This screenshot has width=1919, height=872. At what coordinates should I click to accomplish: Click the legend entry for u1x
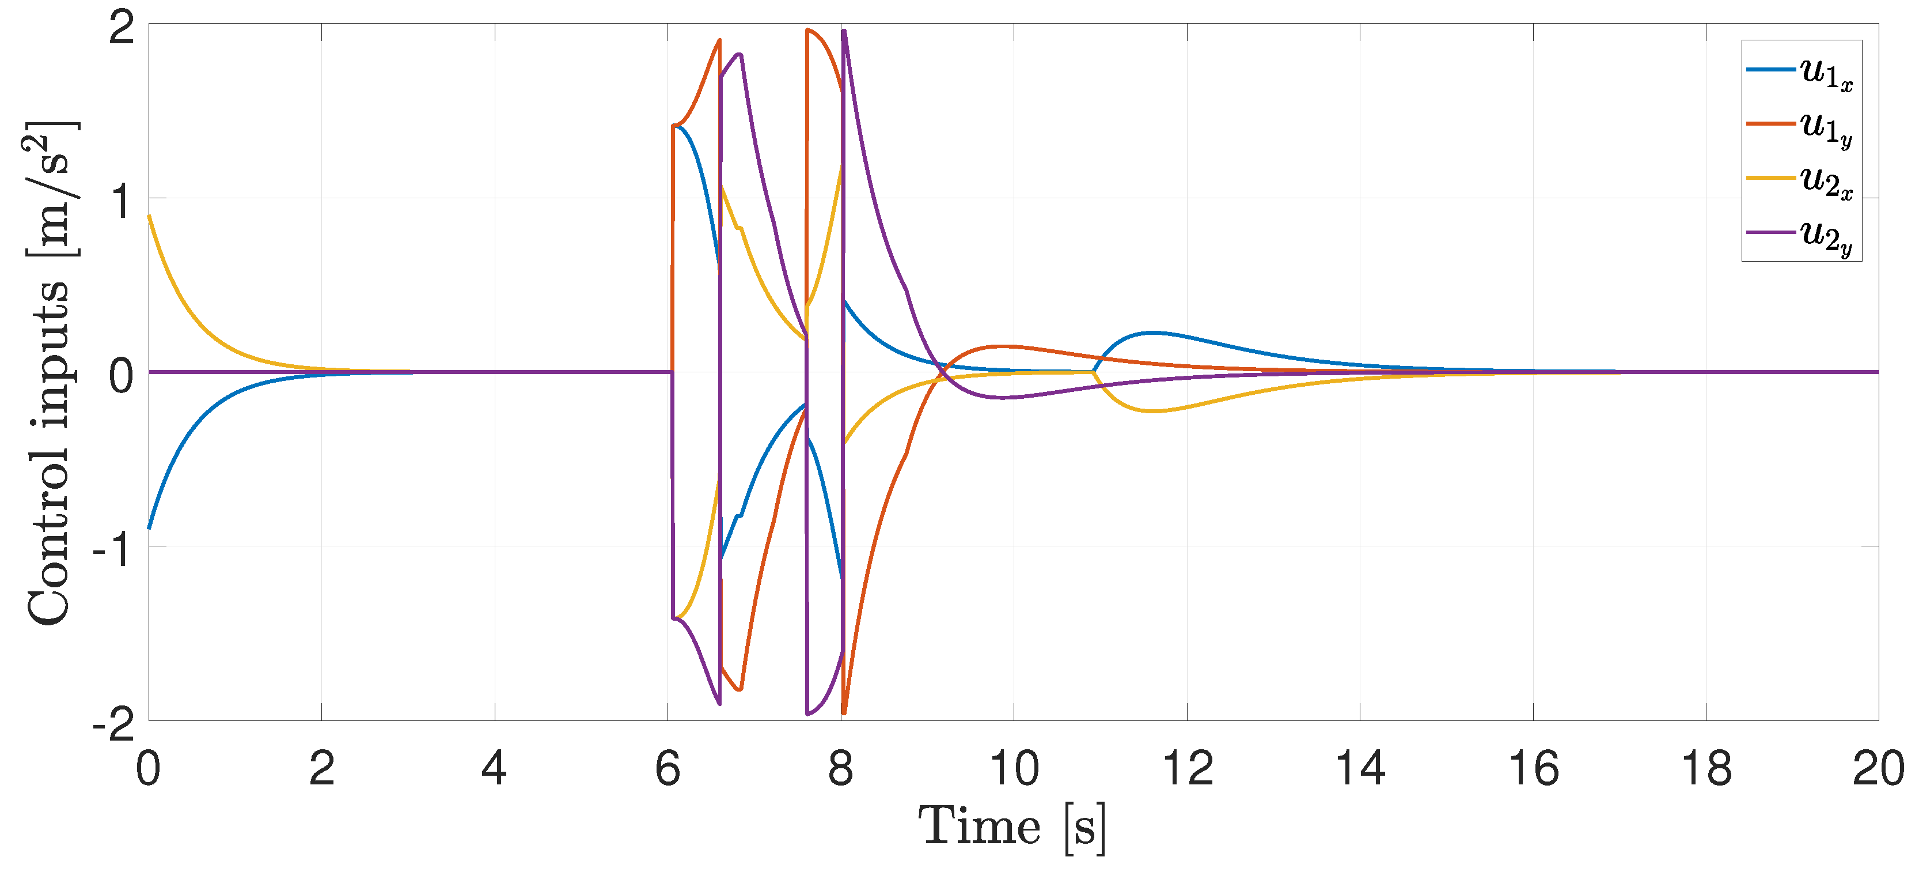1800,71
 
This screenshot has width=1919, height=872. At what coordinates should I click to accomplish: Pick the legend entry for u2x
1800,180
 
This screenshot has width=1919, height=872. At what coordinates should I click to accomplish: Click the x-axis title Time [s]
1012,827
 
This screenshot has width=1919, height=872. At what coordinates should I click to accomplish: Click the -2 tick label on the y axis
114,723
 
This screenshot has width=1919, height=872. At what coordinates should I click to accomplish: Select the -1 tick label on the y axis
114,549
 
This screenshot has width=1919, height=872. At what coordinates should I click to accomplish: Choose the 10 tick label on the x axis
1014,768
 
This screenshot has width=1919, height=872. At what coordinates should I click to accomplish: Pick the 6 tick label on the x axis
668,768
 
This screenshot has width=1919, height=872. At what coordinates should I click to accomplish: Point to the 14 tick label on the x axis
1360,768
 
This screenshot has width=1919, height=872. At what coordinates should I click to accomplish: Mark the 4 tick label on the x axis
495,768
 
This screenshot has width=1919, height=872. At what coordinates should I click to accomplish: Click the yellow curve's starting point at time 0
149,216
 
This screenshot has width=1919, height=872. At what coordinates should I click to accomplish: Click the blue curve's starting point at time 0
149,529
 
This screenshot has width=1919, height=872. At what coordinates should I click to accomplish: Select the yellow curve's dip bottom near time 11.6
1152,411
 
